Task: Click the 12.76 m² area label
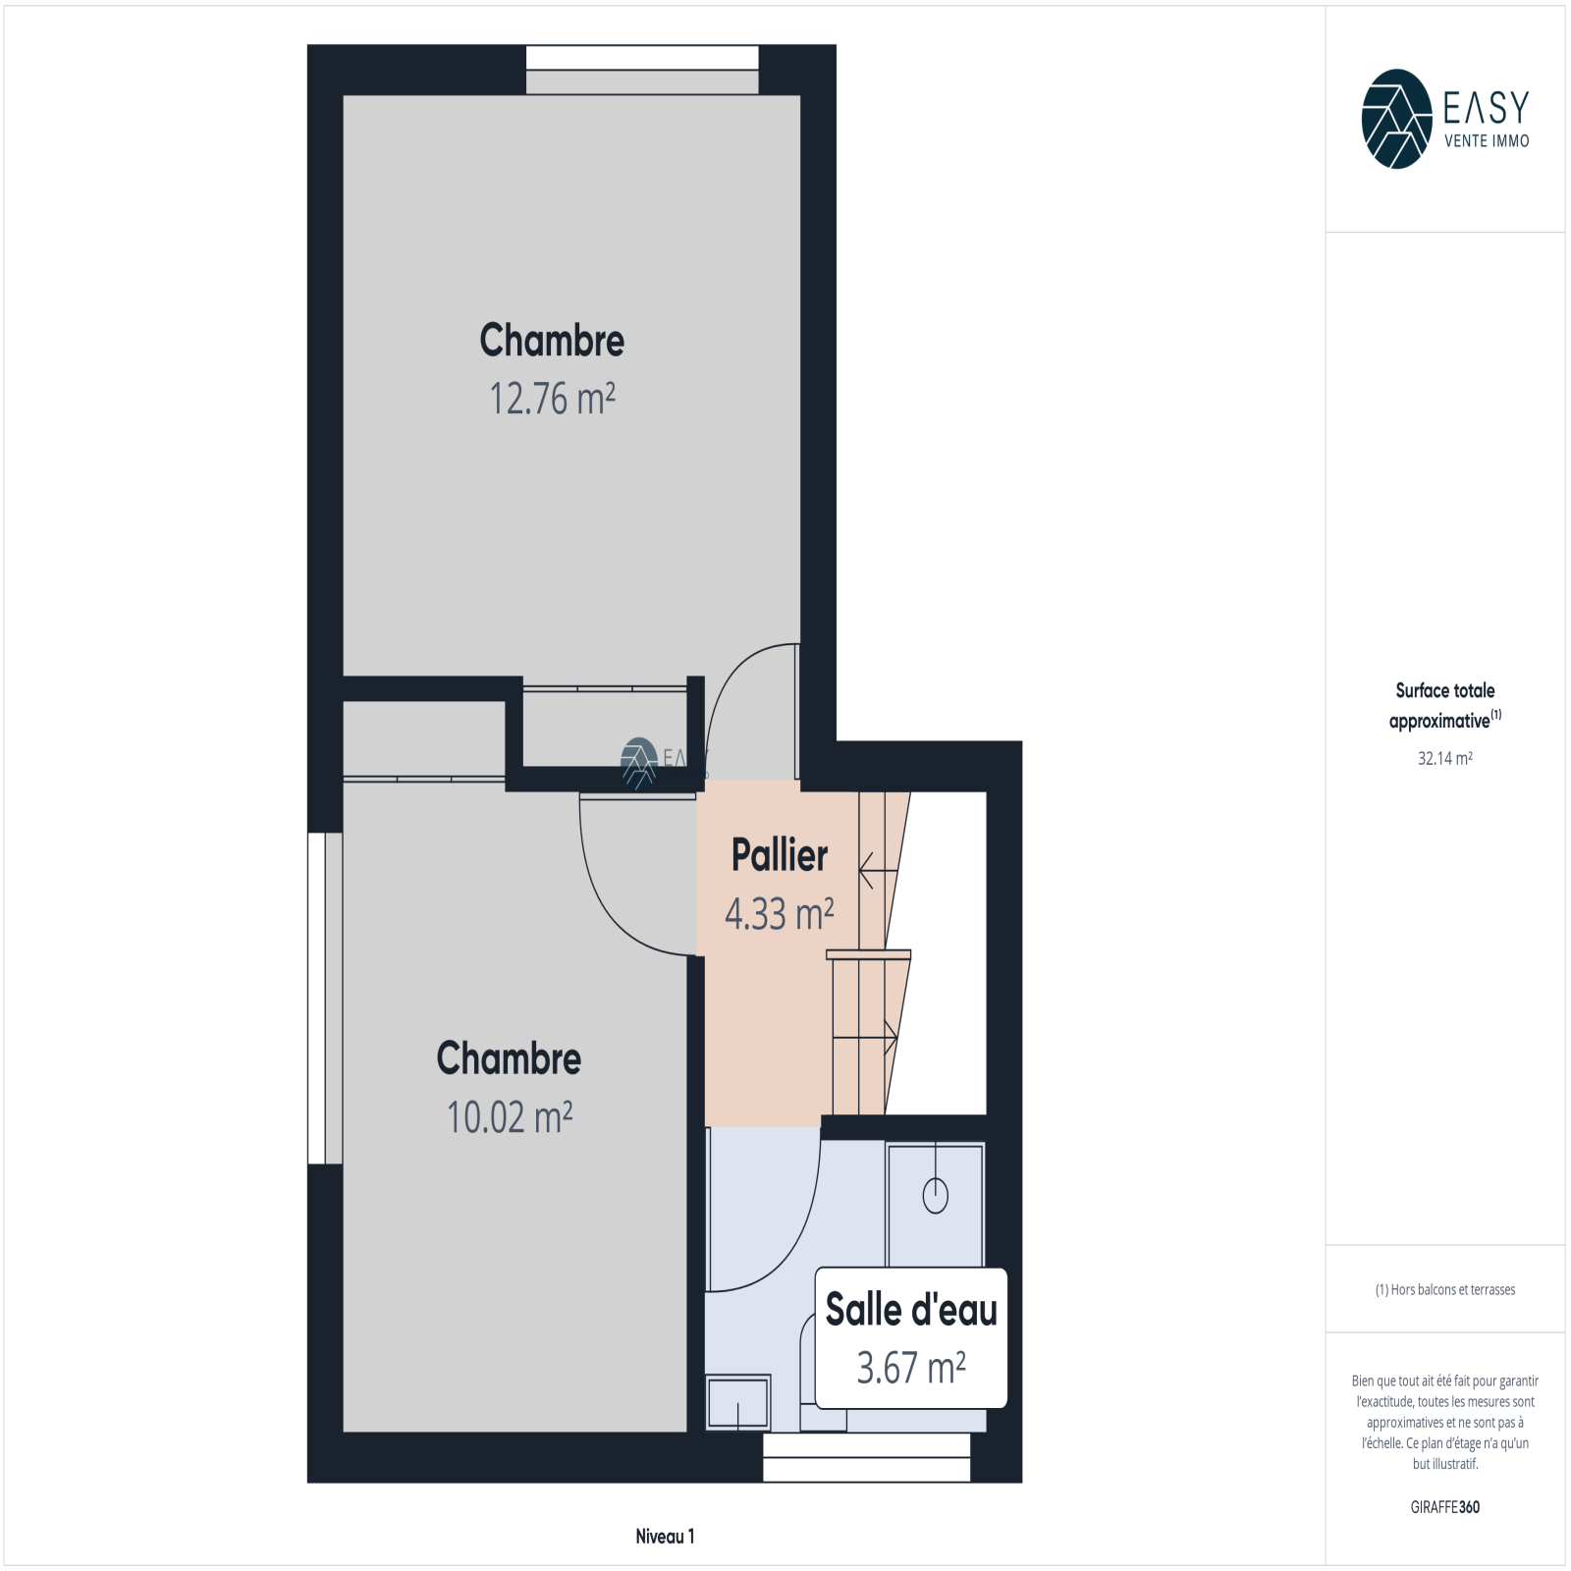(x=552, y=399)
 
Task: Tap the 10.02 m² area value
(x=510, y=1117)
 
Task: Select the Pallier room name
(x=780, y=855)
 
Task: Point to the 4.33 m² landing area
(x=780, y=914)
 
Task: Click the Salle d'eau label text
(x=911, y=1310)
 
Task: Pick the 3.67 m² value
(x=911, y=1368)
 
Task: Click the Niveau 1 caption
(x=665, y=1537)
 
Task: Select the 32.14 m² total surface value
(x=1445, y=758)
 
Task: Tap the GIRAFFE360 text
(x=1445, y=1507)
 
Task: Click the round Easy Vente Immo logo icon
(x=1396, y=119)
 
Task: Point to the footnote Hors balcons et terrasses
(x=1445, y=1289)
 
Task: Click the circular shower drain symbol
(x=936, y=1195)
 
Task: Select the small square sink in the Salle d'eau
(x=737, y=1402)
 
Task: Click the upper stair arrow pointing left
(x=879, y=870)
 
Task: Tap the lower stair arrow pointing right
(x=865, y=1037)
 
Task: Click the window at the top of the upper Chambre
(x=642, y=70)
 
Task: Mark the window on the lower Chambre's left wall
(x=325, y=999)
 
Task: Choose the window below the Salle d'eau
(x=867, y=1457)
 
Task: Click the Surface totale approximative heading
(x=1445, y=705)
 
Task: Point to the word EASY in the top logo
(x=1487, y=106)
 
